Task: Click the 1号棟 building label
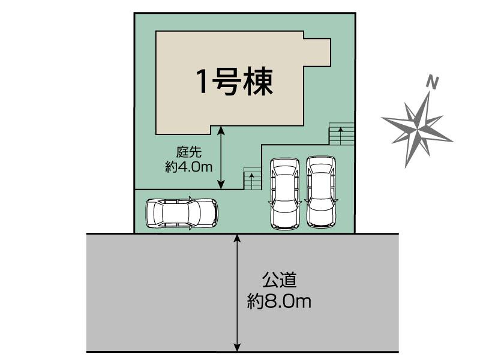pos(235,82)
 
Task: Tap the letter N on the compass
pos(431,82)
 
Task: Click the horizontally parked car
pos(181,212)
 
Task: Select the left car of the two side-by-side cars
pos(284,193)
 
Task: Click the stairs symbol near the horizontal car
pos(252,179)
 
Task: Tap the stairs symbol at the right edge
pos(341,134)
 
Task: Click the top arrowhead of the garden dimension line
pos(221,129)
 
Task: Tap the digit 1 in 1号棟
pos(203,82)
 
